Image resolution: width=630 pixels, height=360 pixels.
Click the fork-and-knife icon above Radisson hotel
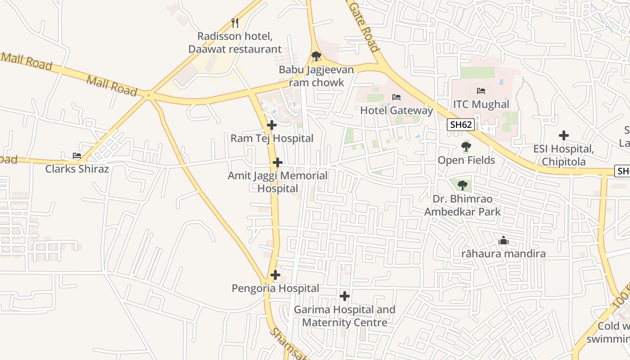click(x=234, y=23)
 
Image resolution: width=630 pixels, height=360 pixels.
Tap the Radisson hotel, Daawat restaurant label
click(x=235, y=43)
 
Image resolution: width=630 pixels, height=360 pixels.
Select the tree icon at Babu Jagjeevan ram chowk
click(x=316, y=56)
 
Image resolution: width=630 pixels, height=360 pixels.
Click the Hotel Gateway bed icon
click(x=396, y=97)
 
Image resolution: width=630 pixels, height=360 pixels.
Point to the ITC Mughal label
click(x=481, y=104)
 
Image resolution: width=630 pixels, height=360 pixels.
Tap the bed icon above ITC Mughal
click(x=481, y=91)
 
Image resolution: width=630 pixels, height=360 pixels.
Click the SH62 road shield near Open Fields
click(x=461, y=125)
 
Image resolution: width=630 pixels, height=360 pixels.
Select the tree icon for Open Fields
click(x=466, y=147)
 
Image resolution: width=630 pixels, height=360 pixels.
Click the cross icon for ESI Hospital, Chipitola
click(x=563, y=135)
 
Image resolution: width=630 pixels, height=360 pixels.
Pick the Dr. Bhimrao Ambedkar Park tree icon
click(x=462, y=185)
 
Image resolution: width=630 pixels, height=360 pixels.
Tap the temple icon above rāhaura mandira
click(x=504, y=241)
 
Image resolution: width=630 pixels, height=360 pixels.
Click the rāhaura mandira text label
click(x=504, y=254)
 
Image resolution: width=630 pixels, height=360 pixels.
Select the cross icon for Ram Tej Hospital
click(x=272, y=125)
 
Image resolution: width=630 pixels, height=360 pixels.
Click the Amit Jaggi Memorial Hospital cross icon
click(x=278, y=162)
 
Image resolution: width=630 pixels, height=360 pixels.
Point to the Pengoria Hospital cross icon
click(x=275, y=275)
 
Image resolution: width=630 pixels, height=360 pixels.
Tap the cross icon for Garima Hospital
click(x=345, y=296)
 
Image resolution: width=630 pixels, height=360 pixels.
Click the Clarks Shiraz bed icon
click(x=77, y=156)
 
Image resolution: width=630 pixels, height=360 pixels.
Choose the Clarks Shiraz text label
click(x=77, y=169)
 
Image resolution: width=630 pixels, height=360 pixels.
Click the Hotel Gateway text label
click(x=396, y=110)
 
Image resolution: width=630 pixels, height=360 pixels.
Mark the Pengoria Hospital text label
click(x=275, y=288)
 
